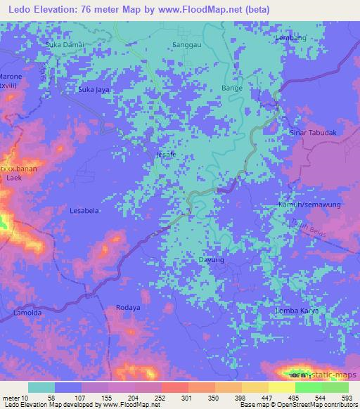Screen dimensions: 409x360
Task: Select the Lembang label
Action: click(292, 38)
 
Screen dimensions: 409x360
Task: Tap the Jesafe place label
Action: click(166, 155)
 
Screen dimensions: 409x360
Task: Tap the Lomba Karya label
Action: click(301, 310)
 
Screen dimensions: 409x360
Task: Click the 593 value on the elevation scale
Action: click(347, 397)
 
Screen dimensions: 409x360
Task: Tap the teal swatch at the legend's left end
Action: click(41, 387)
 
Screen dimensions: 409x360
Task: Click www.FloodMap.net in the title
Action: click(198, 9)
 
